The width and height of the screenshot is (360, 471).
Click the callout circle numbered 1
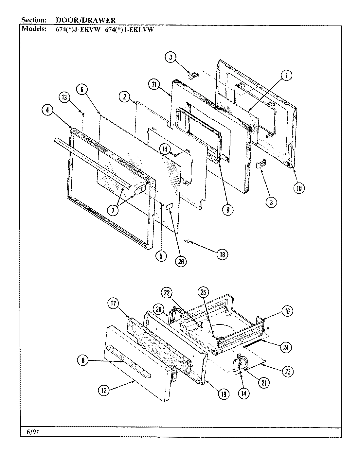tap(286, 76)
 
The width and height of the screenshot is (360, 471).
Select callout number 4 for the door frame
tap(47, 110)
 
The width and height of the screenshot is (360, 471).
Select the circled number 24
tap(286, 347)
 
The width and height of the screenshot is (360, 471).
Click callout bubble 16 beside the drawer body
tap(287, 311)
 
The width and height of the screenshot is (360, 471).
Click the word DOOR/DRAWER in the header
tap(85, 20)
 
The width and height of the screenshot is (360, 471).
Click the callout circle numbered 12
tap(104, 390)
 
